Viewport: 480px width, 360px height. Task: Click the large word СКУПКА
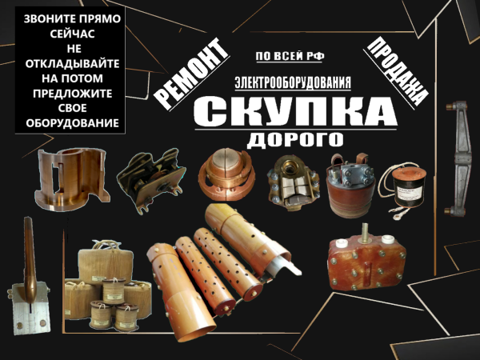pyautogui.click(x=295, y=111)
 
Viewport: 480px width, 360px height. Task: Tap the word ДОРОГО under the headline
pyautogui.click(x=295, y=139)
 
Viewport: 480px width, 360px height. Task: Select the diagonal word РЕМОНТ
pyautogui.click(x=191, y=74)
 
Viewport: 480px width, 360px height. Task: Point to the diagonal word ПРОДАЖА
pyautogui.click(x=397, y=71)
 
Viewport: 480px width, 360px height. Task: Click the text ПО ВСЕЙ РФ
pyautogui.click(x=290, y=56)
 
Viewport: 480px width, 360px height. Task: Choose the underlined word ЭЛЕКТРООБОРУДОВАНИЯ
pyautogui.click(x=293, y=82)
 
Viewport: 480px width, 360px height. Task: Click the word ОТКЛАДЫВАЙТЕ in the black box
pyautogui.click(x=72, y=64)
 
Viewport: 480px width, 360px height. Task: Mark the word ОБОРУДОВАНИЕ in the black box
pyautogui.click(x=72, y=123)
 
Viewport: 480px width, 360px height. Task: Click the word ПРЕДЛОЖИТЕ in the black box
pyautogui.click(x=72, y=94)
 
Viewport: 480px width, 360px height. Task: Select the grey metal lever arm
pyautogui.click(x=458, y=159)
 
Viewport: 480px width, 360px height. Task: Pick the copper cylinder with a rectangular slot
pyautogui.click(x=72, y=179)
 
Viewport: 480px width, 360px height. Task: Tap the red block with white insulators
pyautogui.click(x=366, y=262)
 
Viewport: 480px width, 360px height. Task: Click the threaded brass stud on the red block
pyautogui.click(x=366, y=232)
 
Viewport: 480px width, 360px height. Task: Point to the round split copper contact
pyautogui.click(x=227, y=174)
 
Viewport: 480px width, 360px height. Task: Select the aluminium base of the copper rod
pyautogui.click(x=30, y=308)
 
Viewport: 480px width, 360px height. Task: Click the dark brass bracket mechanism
pyautogui.click(x=150, y=181)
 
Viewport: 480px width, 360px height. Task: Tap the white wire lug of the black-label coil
pyautogui.click(x=397, y=215)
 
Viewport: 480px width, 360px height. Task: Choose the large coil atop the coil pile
pyautogui.click(x=106, y=264)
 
